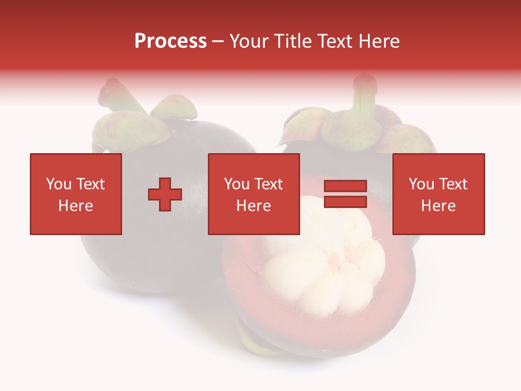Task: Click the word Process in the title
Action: click(x=170, y=41)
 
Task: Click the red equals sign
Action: click(x=346, y=194)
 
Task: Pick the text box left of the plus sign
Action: click(x=76, y=194)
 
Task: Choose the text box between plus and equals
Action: click(x=254, y=194)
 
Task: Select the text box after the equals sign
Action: click(x=439, y=194)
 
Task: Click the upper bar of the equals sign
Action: click(x=346, y=187)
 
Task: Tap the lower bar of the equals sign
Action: click(x=346, y=202)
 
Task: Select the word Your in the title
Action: click(x=249, y=41)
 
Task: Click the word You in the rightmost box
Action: click(x=421, y=184)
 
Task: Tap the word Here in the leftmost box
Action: click(x=76, y=206)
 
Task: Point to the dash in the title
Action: click(x=218, y=41)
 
